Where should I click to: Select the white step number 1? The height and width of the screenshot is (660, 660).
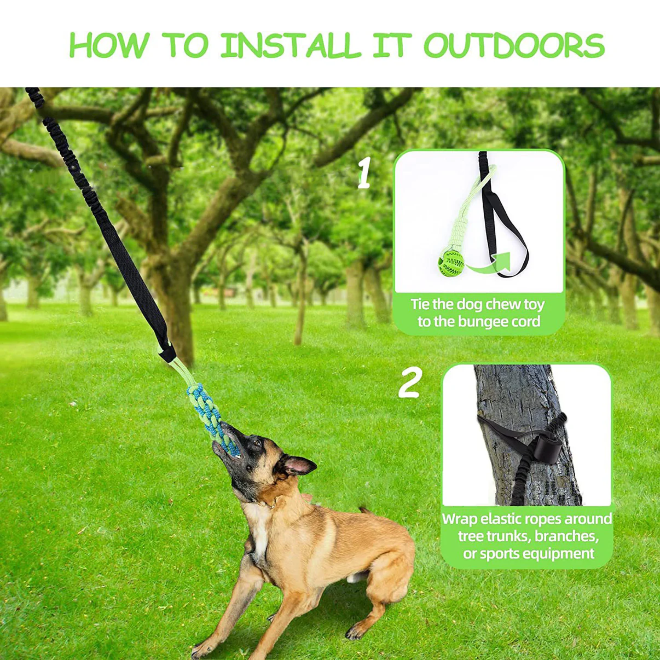[x=364, y=173]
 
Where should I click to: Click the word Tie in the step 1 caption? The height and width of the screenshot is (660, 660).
[x=419, y=304]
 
